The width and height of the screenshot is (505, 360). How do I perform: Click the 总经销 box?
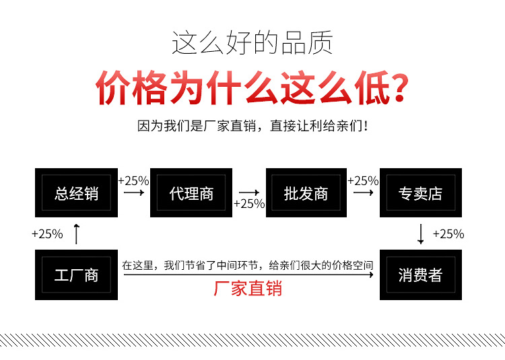76,193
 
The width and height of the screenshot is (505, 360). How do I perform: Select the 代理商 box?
191,193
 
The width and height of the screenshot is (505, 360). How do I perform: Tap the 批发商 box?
306,193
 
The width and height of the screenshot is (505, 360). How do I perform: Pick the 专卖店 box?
421,193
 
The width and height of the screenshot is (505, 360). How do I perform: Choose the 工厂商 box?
76,275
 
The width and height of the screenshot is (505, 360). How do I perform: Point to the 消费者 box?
421,275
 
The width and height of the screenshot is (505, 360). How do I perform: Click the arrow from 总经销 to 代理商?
134,192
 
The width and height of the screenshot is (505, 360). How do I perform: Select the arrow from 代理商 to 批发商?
249,192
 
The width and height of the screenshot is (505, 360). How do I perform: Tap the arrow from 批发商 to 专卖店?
364,192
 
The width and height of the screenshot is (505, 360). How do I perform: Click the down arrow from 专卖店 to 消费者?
421,234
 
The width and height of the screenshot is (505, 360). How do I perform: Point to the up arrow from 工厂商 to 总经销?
76,234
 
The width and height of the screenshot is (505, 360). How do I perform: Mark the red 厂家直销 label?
248,289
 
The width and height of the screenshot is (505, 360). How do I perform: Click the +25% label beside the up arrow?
47,234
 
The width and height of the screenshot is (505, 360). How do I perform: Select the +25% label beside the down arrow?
448,234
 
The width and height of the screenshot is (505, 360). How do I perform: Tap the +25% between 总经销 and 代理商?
133,180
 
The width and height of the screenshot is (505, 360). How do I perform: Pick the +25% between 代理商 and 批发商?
249,204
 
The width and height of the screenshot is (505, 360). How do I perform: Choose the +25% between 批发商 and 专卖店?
363,180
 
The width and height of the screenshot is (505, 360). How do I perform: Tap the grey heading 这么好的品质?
252,43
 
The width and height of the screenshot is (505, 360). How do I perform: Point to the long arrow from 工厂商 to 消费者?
248,276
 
